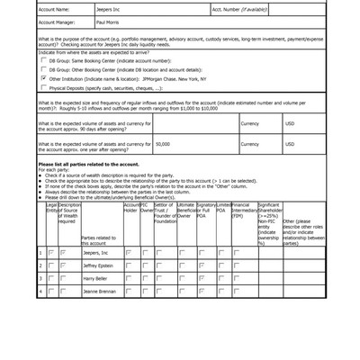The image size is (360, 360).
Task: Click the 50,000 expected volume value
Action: [x=163, y=144]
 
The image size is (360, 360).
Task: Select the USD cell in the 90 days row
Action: [x=290, y=124]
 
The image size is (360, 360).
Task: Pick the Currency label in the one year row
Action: [x=249, y=144]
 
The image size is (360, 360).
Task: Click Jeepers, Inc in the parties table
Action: [x=96, y=254]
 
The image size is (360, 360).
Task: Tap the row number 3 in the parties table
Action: [x=40, y=279]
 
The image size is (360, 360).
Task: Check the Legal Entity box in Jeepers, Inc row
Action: [x=51, y=254]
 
